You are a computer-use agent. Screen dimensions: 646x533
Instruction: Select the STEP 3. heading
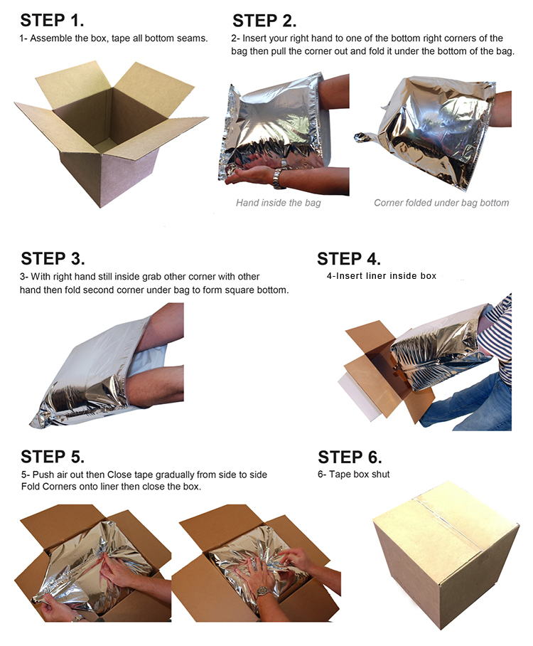(x=53, y=258)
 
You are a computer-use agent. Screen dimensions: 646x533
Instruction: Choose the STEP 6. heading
(x=350, y=457)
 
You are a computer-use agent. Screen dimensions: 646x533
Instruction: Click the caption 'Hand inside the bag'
(x=279, y=203)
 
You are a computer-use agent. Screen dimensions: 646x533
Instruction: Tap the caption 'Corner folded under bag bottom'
(x=441, y=203)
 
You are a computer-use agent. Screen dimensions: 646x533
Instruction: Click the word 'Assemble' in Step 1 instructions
(x=50, y=38)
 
